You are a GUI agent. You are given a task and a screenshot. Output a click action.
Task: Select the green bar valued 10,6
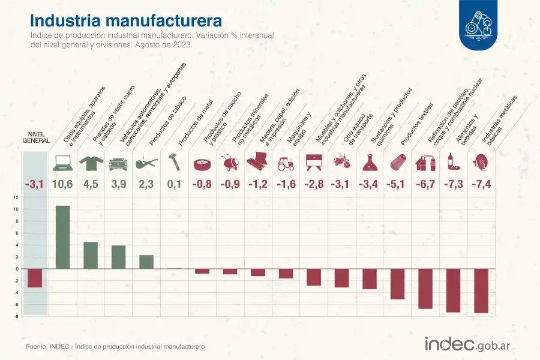click(62, 237)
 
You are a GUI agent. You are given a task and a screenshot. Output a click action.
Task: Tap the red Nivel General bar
click(35, 278)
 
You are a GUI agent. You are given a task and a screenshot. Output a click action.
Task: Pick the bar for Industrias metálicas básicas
click(481, 291)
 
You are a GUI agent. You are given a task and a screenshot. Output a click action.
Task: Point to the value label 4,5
click(91, 184)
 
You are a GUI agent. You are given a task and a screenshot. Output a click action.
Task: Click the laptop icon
click(62, 162)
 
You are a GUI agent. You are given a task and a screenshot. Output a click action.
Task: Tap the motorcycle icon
click(341, 162)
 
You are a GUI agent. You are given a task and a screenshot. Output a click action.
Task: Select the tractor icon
click(286, 162)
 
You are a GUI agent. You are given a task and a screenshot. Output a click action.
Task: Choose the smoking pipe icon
click(146, 162)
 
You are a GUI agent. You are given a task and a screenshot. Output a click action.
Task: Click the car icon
click(118, 162)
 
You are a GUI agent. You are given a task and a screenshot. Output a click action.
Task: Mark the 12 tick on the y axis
click(16, 197)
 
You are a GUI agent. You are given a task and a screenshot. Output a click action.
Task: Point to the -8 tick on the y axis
click(16, 316)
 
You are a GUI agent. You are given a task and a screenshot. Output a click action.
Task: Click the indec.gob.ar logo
click(467, 344)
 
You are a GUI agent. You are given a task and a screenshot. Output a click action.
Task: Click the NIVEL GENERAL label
click(35, 137)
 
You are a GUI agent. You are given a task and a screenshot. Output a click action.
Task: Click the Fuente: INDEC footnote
click(115, 347)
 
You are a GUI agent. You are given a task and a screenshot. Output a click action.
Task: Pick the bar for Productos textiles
click(397, 284)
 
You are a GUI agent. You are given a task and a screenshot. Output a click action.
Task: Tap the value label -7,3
click(453, 184)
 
